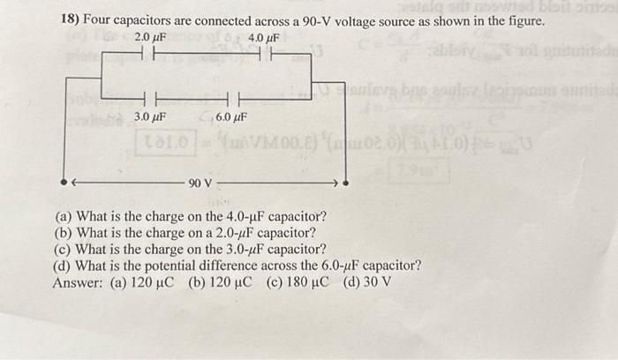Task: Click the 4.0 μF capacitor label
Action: (x=264, y=39)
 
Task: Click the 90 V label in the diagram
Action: (x=200, y=184)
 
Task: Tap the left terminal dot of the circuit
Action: (x=64, y=184)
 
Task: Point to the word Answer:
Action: (x=81, y=282)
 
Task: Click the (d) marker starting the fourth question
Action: (x=64, y=266)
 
